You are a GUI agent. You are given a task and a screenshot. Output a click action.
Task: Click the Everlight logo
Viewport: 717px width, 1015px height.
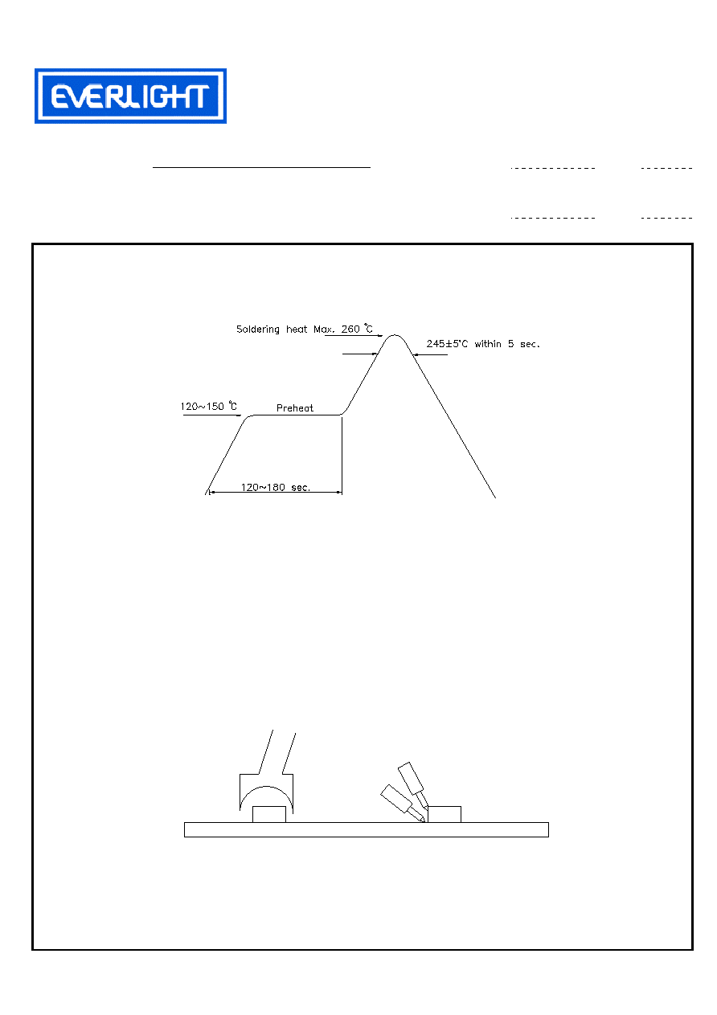[130, 96]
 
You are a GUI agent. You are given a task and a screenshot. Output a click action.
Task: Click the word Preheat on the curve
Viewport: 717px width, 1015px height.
[294, 408]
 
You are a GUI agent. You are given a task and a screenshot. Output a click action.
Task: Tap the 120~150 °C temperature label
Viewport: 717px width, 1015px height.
[208, 406]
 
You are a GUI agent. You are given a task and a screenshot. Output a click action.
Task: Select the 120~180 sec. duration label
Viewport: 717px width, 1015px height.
[275, 488]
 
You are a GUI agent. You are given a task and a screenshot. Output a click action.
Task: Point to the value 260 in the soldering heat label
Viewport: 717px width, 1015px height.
[350, 329]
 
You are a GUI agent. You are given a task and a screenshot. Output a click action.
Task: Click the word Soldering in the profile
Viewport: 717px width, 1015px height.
[258, 329]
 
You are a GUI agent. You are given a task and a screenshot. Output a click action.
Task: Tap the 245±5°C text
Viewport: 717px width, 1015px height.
[447, 344]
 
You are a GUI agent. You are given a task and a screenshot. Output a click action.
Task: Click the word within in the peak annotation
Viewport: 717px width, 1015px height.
[488, 344]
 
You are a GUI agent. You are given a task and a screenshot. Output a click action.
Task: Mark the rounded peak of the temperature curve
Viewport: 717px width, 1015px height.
[395, 336]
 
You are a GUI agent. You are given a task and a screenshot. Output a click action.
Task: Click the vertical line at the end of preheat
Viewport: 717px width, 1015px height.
[342, 455]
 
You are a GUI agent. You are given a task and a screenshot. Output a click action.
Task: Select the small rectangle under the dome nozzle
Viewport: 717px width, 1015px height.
[269, 814]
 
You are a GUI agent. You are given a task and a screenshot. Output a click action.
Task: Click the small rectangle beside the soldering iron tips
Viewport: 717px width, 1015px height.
[445, 814]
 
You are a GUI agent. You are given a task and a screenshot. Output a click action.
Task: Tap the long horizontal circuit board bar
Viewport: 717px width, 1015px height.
[367, 829]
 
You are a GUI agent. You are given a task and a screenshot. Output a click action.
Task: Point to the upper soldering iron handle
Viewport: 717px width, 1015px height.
[411, 779]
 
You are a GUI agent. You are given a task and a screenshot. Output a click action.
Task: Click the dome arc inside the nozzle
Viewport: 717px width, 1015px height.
[267, 787]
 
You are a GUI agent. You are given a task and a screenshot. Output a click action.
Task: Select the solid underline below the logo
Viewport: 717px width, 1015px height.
[261, 168]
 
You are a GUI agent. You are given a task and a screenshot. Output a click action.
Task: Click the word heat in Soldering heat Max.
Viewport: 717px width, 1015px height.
[297, 329]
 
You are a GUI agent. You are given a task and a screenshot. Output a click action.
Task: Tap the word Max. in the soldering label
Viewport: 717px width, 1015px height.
[324, 329]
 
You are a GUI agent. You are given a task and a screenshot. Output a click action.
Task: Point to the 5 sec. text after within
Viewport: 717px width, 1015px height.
[524, 344]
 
